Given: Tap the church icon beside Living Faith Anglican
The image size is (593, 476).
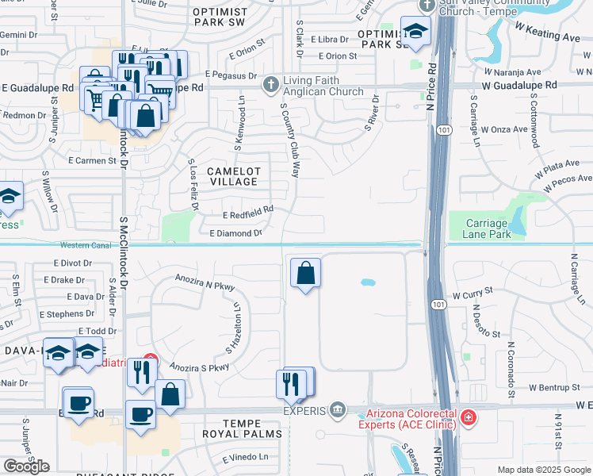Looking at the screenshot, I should tap(271, 82).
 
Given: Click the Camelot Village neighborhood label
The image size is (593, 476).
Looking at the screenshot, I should tap(232, 176).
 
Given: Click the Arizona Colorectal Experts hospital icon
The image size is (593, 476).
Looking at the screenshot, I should tap(468, 416).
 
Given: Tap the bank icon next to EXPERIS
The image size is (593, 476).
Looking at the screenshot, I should tap(339, 409).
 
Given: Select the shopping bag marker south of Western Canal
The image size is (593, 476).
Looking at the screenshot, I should tap(305, 274).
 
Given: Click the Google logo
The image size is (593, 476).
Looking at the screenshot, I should tap(26, 466).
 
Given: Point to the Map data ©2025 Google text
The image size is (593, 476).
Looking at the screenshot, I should tap(543, 470).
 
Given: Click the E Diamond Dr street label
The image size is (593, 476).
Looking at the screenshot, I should tap(235, 233).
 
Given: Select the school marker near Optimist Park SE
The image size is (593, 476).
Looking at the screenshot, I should tap(414, 33).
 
